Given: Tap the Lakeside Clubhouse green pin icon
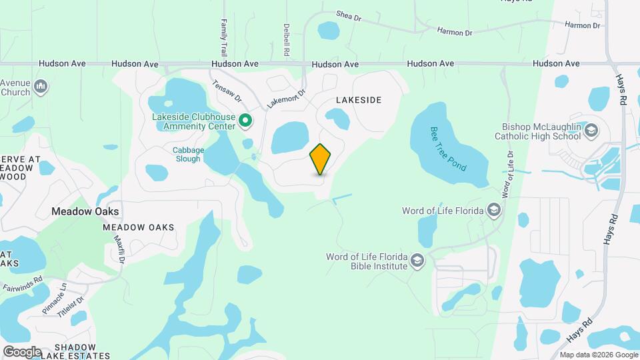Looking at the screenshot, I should coord(245,121).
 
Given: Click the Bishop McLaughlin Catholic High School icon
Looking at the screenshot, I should coord(591,131).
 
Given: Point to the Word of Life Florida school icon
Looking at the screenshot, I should coord(493,211).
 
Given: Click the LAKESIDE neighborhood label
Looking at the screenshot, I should coord(359,100).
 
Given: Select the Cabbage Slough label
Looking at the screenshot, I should coord(189,155).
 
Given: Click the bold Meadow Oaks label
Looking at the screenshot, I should coord(85,211).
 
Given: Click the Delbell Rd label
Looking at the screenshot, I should coord(286,40).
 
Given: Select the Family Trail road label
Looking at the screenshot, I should coord(224,37).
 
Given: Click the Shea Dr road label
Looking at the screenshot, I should coord(349,17).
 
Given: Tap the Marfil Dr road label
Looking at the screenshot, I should coord(120,248).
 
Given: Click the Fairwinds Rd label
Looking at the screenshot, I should coord(23,283).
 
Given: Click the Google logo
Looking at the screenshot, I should coord(22,351).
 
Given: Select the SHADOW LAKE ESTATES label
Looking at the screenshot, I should coord(75,351).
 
